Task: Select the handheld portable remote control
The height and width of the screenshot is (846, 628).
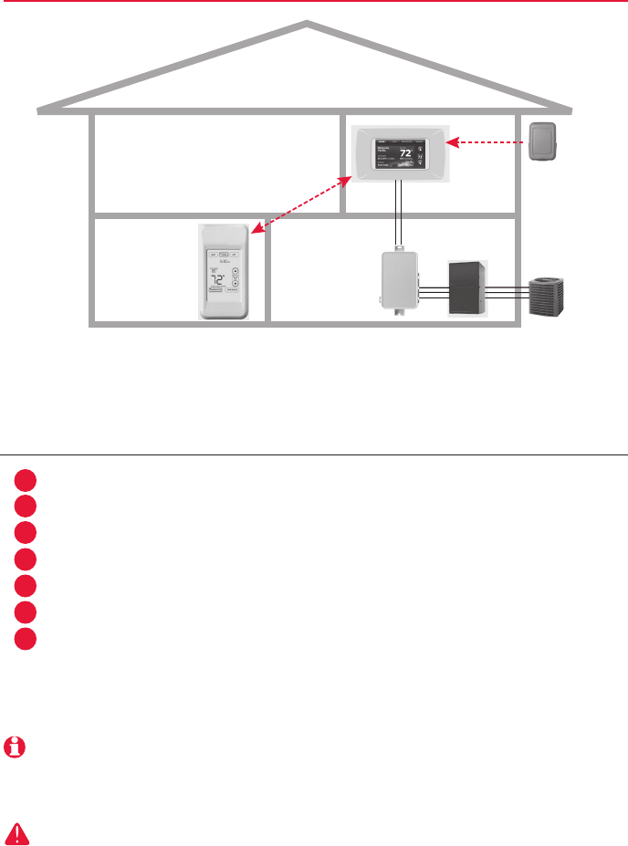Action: (224, 272)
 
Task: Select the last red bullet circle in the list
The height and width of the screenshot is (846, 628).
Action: (26, 637)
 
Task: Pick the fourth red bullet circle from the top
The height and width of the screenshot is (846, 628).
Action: (26, 559)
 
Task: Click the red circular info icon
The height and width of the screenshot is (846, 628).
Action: (15, 747)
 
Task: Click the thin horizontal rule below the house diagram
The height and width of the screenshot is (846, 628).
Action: (314, 454)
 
